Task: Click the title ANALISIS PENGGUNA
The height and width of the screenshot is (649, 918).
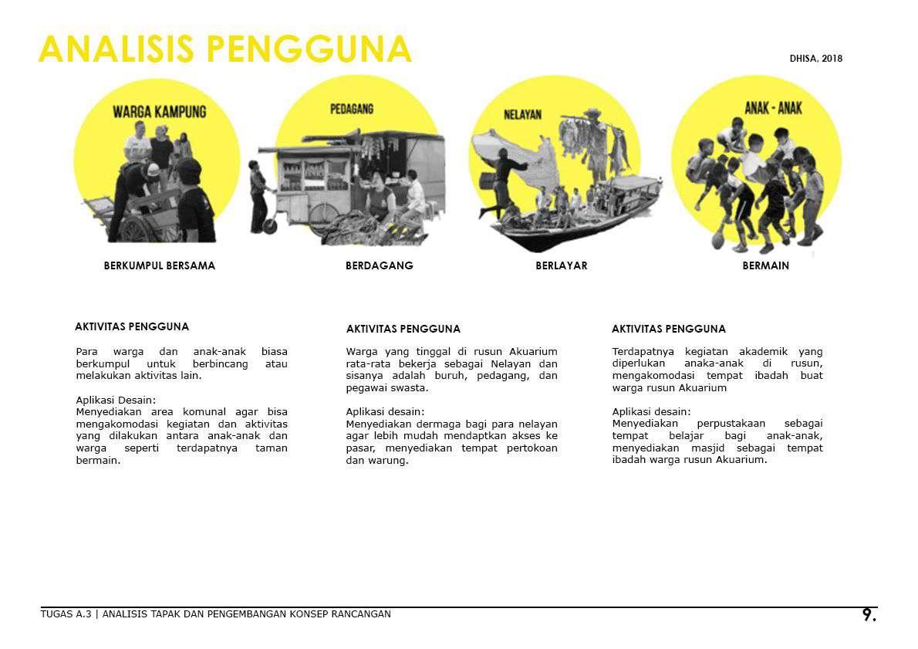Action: [224, 50]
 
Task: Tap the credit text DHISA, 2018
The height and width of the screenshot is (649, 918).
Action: [815, 59]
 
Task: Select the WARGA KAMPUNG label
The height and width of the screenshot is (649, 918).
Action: [160, 112]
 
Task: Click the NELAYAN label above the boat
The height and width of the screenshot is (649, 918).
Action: [522, 115]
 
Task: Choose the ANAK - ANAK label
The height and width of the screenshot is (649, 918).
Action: [773, 108]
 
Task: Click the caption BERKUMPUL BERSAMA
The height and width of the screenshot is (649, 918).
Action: [160, 265]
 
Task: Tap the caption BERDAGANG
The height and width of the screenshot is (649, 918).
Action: [379, 265]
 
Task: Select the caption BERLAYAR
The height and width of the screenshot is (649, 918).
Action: [562, 265]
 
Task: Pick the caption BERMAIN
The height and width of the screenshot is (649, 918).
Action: [765, 265]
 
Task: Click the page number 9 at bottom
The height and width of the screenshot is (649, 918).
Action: [869, 615]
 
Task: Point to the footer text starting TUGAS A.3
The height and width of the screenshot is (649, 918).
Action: [216, 614]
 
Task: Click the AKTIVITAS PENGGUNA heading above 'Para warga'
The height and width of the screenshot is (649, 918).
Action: [132, 327]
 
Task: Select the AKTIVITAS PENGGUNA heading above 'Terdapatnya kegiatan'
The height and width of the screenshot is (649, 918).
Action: [669, 329]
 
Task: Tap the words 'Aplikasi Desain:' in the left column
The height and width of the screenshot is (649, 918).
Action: [116, 400]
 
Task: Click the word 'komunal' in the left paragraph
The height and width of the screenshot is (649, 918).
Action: [203, 412]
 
